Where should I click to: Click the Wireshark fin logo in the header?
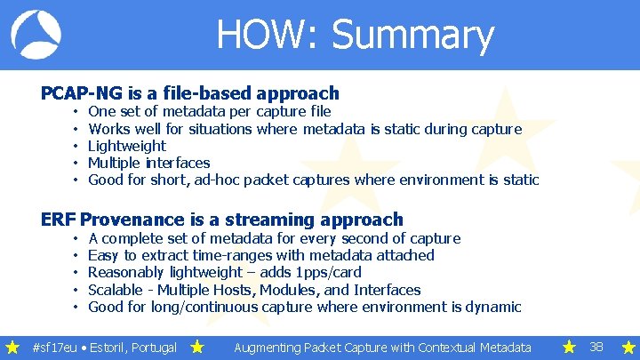(x=36, y=35)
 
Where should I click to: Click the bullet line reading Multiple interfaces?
(x=148, y=163)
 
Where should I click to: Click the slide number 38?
(x=597, y=347)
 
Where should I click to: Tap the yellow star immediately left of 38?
(x=568, y=347)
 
